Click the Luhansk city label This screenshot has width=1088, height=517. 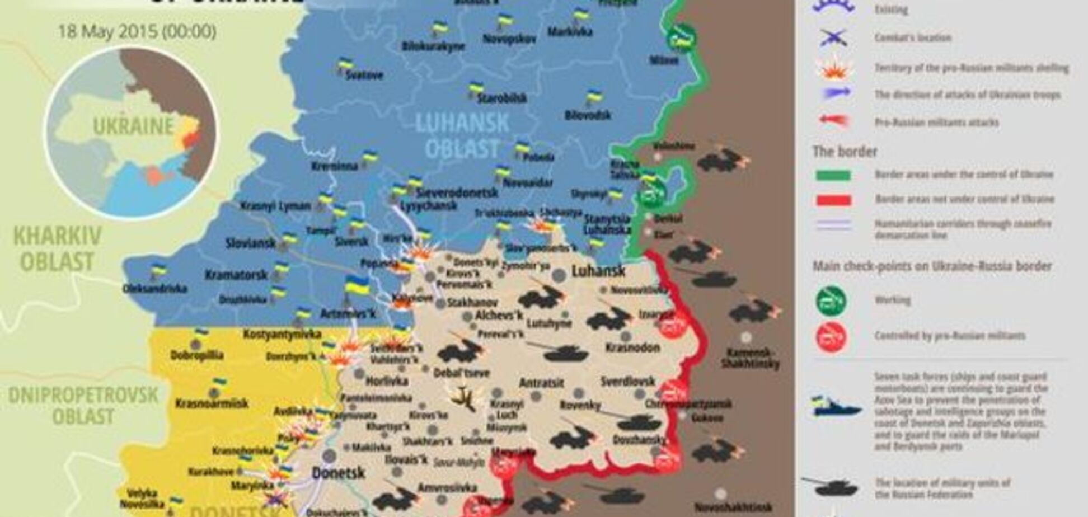coord(598,271)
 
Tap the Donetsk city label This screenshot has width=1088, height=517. coord(338,473)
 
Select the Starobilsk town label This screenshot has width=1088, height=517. coord(502,98)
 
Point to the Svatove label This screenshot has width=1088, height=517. coord(364,75)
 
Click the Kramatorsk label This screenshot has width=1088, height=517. coord(236,275)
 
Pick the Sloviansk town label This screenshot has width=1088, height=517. coord(251,243)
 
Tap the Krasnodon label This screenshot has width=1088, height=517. coord(632,347)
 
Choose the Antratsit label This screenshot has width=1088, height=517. coord(541,383)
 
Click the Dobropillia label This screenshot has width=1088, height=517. coord(197,355)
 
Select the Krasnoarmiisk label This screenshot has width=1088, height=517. coord(212,403)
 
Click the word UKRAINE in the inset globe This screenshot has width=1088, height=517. coord(133,127)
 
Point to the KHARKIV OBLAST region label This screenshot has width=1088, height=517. coord(57,249)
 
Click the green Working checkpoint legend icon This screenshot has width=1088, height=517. coord(831,300)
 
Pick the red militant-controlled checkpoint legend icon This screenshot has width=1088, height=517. coord(831,337)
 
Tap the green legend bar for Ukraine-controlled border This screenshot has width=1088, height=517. coord(833,175)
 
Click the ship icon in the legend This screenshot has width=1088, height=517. coord(837,407)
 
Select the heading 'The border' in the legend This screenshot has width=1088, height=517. coord(845,152)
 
